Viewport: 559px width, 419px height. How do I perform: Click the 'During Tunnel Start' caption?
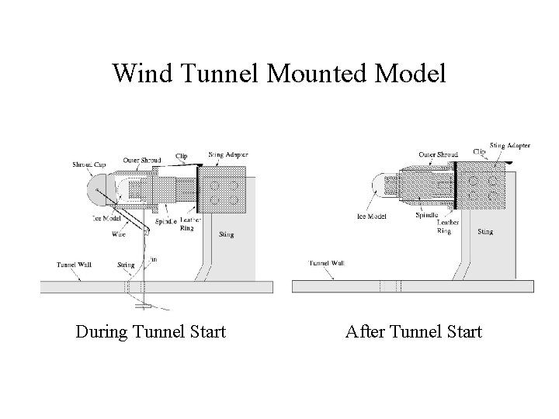pyautogui.click(x=151, y=332)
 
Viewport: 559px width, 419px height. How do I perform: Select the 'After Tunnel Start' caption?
pyautogui.click(x=414, y=332)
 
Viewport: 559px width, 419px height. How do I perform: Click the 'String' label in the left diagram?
pyautogui.click(x=125, y=265)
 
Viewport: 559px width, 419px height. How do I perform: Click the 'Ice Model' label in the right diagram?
pyautogui.click(x=373, y=216)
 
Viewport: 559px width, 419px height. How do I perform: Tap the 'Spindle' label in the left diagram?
pyautogui.click(x=165, y=221)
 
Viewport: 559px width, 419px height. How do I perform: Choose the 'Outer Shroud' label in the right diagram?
pyautogui.click(x=437, y=154)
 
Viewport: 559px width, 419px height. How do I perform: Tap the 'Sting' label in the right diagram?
pyautogui.click(x=485, y=231)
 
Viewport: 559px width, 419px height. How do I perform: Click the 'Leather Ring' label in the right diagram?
pyautogui.click(x=448, y=227)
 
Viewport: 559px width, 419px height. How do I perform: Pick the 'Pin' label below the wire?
pyautogui.click(x=152, y=259)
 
